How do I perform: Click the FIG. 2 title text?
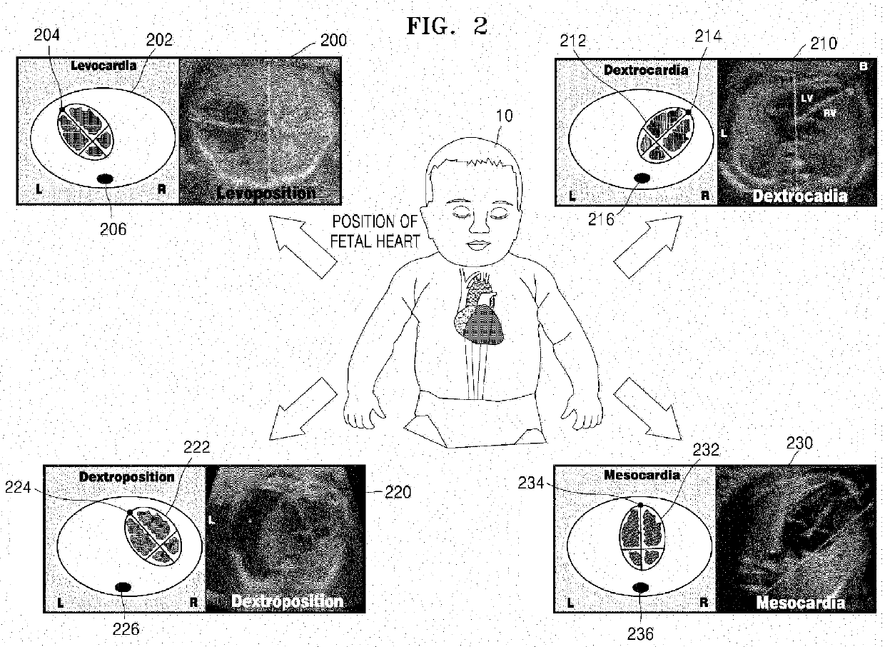tap(447, 26)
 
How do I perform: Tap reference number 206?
tap(113, 229)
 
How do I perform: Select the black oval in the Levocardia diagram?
tap(106, 178)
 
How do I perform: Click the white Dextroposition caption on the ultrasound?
tap(287, 601)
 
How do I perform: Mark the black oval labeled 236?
tap(640, 587)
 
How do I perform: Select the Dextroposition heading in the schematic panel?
tap(126, 476)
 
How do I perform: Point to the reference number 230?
tap(799, 443)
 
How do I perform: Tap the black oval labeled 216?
tap(641, 178)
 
